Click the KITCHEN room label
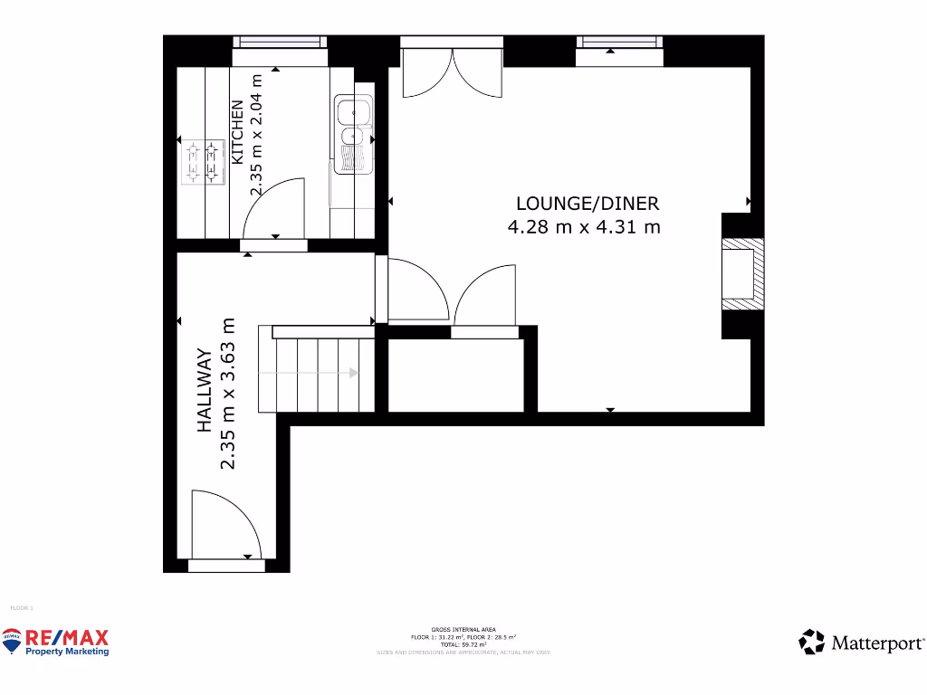238,132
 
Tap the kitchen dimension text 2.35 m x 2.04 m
256,135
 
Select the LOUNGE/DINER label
588,204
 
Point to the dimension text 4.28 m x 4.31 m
584,226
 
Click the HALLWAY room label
205,390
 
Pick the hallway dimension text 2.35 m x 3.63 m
228,394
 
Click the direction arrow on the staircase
351,372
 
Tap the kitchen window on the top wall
279,42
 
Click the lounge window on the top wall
620,42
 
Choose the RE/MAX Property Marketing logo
56,642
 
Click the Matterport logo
862,643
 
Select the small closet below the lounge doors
455,374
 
